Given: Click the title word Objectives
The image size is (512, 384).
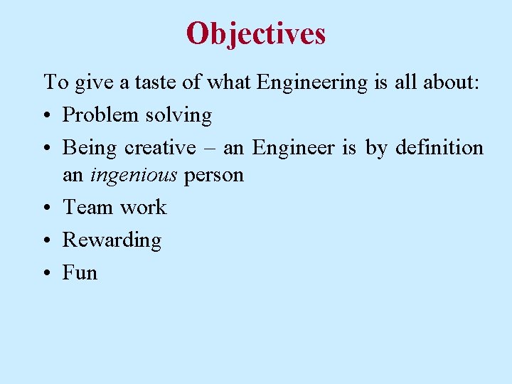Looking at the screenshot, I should point(256,33).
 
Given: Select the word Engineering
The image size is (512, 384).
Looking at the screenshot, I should point(311,84).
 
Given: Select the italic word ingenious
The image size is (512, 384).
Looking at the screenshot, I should point(134,176).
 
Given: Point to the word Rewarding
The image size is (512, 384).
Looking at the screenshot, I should point(112,241).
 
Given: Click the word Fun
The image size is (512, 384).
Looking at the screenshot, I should point(80,273).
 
